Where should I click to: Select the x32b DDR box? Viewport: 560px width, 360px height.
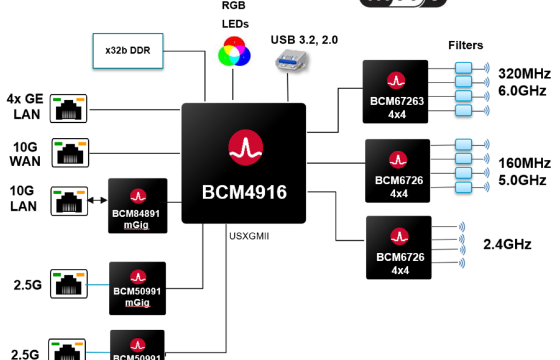point(128,51)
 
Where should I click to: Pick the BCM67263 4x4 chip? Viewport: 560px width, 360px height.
point(395,91)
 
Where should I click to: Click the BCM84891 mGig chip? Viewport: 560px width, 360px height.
point(138,206)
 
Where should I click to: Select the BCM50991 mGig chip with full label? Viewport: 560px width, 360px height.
point(137,288)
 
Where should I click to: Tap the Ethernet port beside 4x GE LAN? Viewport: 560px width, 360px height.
point(69,108)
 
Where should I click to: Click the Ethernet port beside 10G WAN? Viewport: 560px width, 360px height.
point(70,152)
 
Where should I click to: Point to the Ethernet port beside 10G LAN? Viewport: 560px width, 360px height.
point(70,201)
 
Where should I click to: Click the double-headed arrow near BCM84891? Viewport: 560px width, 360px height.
point(97,200)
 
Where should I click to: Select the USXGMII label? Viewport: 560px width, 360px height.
point(249,236)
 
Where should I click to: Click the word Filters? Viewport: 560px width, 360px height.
point(465,45)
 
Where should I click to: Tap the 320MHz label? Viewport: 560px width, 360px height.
point(524,74)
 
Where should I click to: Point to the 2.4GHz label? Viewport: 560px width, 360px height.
point(507,244)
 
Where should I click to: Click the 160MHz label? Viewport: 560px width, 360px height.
point(524,163)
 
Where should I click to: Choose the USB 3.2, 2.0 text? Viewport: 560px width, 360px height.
point(304,40)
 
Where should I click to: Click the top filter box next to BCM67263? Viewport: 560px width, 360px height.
point(463,67)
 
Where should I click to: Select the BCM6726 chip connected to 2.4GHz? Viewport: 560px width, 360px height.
point(398,247)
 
